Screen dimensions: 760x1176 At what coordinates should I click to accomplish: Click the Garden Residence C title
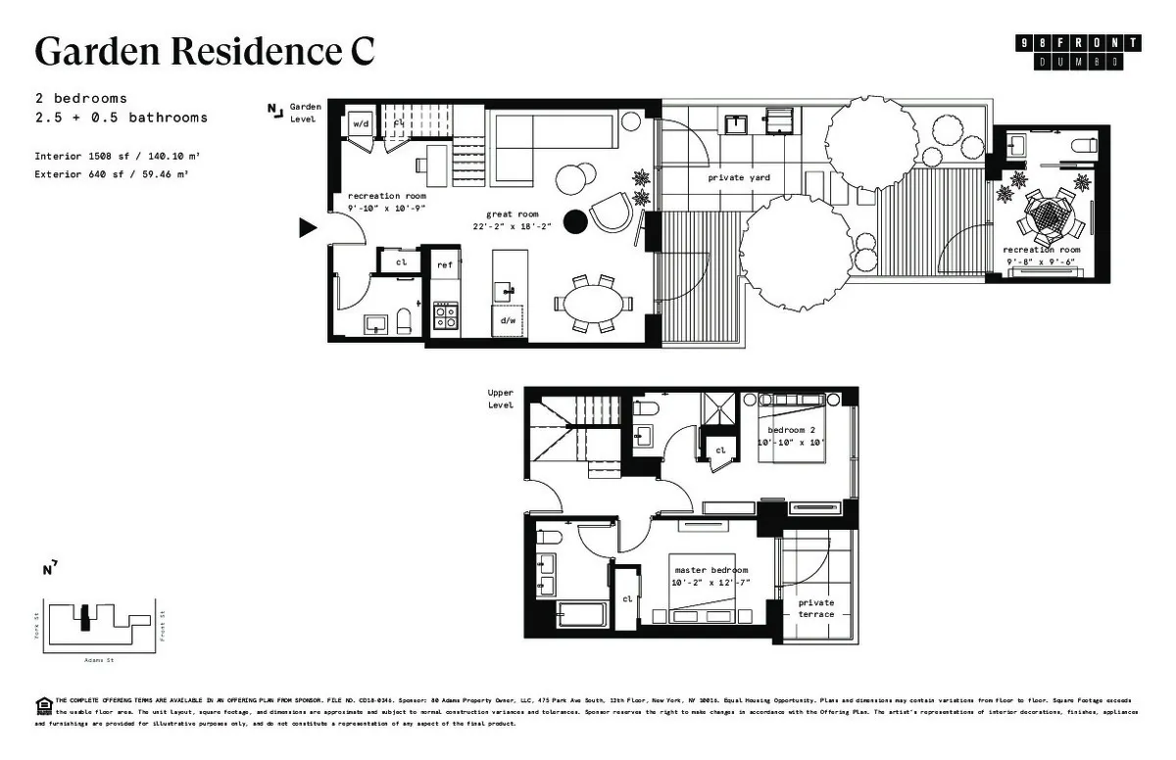coord(204,51)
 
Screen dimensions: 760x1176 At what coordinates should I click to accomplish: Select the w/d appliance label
coord(361,124)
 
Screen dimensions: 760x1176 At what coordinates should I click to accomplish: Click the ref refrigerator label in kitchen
coord(445,264)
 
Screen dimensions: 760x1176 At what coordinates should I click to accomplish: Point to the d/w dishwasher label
coord(508,320)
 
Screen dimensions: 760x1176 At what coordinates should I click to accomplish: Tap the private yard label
coord(739,178)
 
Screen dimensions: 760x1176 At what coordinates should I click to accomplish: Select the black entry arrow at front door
coord(308,228)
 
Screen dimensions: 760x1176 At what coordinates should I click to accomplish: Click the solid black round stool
coord(575,222)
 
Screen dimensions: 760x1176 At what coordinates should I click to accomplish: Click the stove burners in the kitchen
coord(445,314)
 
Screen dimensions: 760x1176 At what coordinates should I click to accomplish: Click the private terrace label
coord(815,608)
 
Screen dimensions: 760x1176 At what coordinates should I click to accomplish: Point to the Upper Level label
coord(500,399)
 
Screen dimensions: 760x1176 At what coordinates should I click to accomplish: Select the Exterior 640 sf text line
coord(111,173)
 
